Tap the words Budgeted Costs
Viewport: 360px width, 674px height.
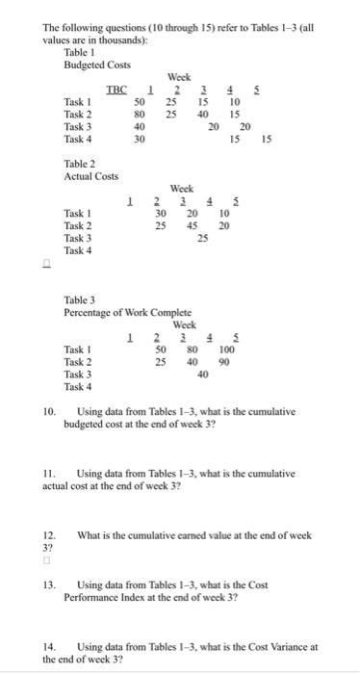[96, 65]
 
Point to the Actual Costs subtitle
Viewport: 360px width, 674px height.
[91, 177]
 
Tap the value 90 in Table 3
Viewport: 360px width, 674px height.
[224, 362]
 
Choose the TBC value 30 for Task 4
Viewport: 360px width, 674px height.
[139, 139]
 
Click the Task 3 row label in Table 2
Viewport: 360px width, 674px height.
[78, 238]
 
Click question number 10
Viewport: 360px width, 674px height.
[48, 411]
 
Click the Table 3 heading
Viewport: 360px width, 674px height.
[82, 301]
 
